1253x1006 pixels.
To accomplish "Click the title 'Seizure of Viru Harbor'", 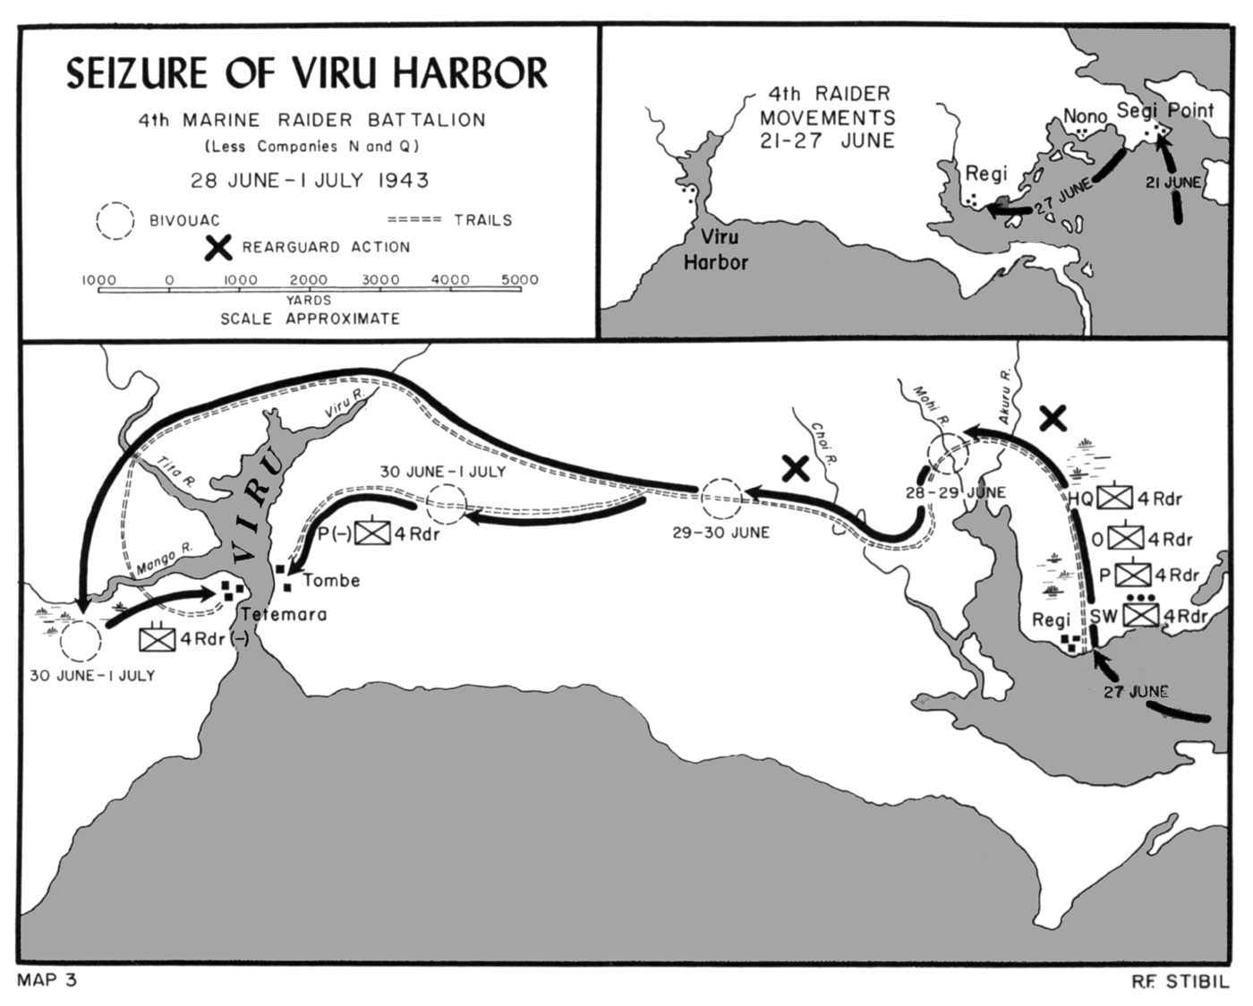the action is pyautogui.click(x=307, y=73).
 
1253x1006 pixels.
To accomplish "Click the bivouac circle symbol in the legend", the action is pyautogui.click(x=115, y=221).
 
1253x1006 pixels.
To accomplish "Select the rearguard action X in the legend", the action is pyautogui.click(x=218, y=247).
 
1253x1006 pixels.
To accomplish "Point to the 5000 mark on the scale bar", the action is pyautogui.click(x=520, y=280).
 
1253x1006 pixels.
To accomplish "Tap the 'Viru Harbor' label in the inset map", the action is pyautogui.click(x=716, y=249).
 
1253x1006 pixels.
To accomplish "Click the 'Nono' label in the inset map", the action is pyautogui.click(x=1085, y=117).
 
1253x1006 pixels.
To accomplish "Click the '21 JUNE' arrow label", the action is pyautogui.click(x=1173, y=183).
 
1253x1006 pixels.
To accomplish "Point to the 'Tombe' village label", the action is pyautogui.click(x=331, y=581).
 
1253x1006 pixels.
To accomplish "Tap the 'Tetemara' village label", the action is pyautogui.click(x=284, y=615).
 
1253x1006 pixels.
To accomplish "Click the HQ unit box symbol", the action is pyautogui.click(x=1116, y=499).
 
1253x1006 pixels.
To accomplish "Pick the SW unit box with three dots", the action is pyautogui.click(x=1141, y=616).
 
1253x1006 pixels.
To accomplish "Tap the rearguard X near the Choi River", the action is pyautogui.click(x=796, y=468).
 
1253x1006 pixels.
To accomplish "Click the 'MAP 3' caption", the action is pyautogui.click(x=47, y=980).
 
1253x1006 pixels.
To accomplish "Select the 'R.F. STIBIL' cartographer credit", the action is pyautogui.click(x=1180, y=982).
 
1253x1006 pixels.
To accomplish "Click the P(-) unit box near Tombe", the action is pyautogui.click(x=372, y=533).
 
